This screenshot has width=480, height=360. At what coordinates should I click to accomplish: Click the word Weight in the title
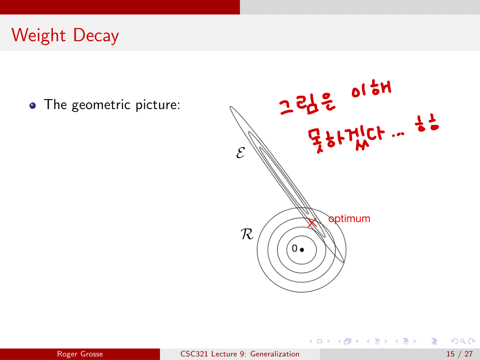pos(39,35)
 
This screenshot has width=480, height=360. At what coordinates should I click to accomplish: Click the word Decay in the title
pos(96,36)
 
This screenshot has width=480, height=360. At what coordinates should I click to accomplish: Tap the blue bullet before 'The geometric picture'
pos(32,106)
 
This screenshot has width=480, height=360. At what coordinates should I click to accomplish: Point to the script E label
pos(240,152)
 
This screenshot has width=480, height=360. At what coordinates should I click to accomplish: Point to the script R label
pos(247,234)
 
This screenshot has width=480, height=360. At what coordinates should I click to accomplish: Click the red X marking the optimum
pos(312,223)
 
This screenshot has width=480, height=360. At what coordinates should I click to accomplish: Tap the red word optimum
pos(350,219)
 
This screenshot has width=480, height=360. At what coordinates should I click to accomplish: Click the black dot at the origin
pos(302,250)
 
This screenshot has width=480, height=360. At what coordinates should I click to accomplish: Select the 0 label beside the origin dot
pos(294,248)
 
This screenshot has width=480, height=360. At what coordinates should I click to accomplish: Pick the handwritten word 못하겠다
pos(346,140)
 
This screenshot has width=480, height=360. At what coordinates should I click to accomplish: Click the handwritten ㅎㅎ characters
pos(427,123)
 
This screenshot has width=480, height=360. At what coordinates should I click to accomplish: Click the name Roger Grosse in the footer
pos(80,354)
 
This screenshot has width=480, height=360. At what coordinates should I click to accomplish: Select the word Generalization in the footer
pos(275,354)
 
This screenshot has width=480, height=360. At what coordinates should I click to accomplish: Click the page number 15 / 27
pos(460,354)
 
